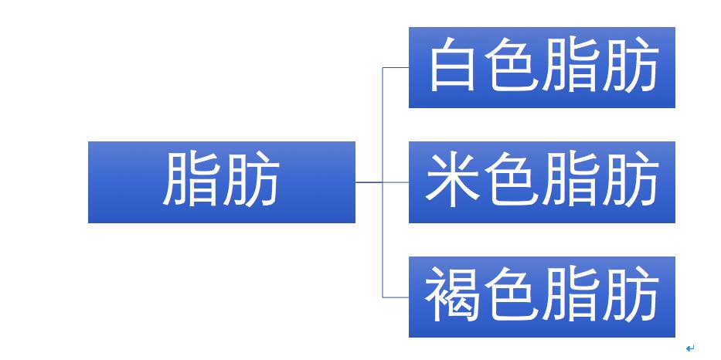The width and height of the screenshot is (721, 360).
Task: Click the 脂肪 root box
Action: point(222,182)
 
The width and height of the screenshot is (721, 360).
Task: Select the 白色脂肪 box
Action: point(542,67)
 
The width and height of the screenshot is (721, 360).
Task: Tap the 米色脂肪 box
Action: point(542,182)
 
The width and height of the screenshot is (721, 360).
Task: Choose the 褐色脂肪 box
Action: point(542,297)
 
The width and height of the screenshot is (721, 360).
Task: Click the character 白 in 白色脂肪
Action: point(452,64)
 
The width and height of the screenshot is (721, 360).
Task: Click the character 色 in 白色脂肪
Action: point(512,64)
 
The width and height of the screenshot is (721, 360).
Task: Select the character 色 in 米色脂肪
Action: point(512,179)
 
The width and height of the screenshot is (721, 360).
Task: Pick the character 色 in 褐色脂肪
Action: point(512,294)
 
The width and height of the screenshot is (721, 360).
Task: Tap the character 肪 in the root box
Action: point(251,179)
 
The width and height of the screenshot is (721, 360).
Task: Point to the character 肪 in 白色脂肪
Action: point(630,64)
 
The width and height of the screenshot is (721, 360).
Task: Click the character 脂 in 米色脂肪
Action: point(570,179)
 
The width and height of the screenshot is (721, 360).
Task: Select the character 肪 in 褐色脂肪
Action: point(630,294)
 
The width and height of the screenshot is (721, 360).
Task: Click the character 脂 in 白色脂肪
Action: point(570,64)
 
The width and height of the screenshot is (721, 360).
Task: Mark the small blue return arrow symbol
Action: point(690,348)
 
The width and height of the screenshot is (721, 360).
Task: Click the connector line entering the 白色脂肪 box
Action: point(396,67)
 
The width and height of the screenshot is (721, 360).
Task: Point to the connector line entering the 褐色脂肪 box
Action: point(396,297)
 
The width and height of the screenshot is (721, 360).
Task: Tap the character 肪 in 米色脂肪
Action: point(630,179)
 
